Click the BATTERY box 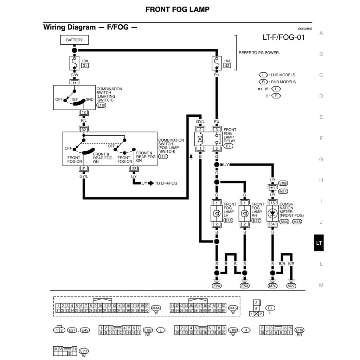point(74,40)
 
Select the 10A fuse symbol point(74,63)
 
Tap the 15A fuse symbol point(217,63)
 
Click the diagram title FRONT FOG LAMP point(177,9)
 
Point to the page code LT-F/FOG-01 point(283,37)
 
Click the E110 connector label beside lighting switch point(101,105)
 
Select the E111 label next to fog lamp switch point(163,157)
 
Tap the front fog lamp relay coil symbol point(200,139)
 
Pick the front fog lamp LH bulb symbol point(217,213)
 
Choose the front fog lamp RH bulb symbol point(244,213)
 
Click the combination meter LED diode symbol point(272,213)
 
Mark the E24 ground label point(217,286)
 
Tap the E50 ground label point(245,286)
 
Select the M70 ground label point(272,286)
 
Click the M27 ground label point(291,286)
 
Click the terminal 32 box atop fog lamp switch point(84,129)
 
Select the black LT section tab point(319,243)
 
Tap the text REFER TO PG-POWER point(259,53)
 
